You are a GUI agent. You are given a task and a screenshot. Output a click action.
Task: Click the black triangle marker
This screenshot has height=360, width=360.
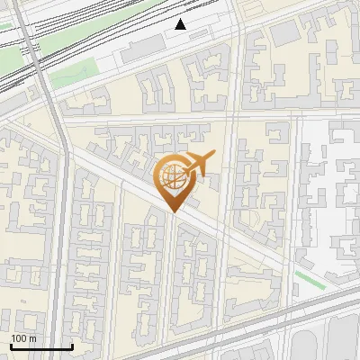point(181,24)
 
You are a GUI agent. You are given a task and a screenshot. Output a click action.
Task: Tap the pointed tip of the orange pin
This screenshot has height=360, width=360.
point(174,212)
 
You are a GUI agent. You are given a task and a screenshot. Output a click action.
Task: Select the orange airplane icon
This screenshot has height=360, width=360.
point(197,165)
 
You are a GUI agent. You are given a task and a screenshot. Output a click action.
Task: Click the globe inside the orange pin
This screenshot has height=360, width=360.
point(173,178)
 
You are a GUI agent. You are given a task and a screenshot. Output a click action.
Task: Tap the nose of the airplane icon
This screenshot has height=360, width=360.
point(212,157)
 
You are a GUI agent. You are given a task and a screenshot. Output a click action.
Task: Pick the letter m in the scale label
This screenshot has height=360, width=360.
point(33,338)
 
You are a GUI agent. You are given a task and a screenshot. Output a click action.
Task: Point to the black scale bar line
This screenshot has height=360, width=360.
point(41,346)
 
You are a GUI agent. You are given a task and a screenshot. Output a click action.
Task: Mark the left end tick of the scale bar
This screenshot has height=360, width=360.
point(11,345)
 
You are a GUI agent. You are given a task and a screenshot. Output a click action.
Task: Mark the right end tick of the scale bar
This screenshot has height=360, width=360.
point(72,345)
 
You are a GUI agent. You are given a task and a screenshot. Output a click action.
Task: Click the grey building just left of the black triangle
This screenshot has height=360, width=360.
point(144,49)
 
